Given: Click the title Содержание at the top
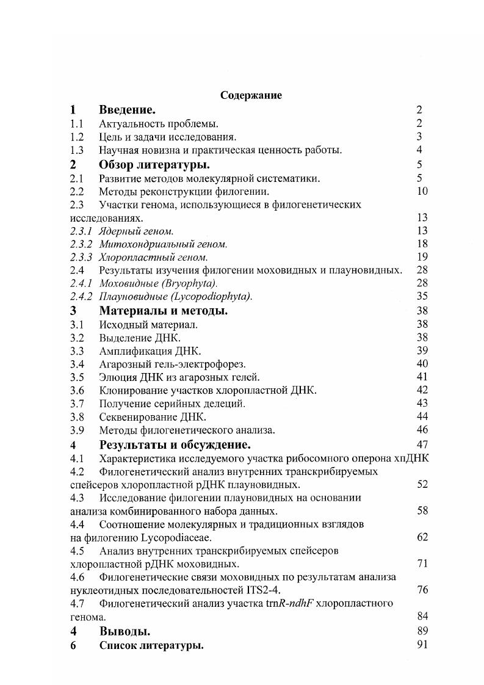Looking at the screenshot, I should click(251, 95).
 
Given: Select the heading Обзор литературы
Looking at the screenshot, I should click(154, 165).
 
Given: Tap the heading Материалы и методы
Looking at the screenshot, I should click(163, 311).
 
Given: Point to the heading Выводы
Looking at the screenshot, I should click(125, 632).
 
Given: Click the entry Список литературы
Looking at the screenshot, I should click(151, 646).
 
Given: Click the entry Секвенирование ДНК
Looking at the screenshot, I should click(153, 418).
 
